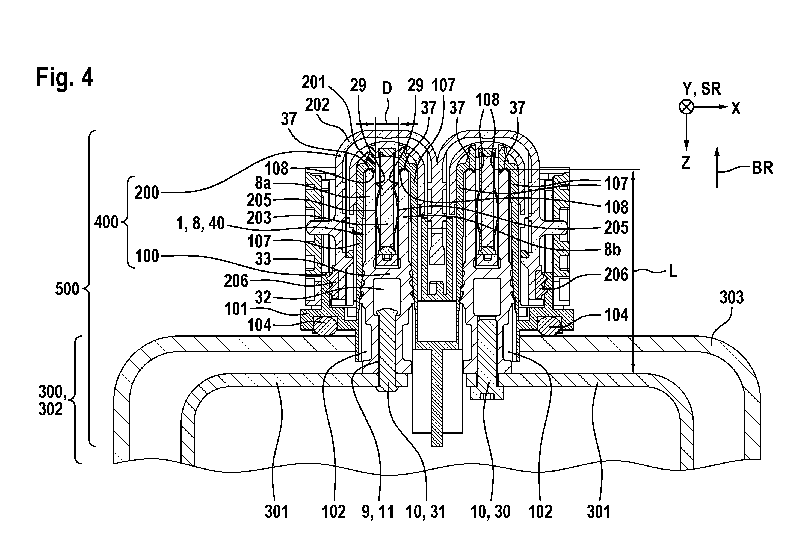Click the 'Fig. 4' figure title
point(64,78)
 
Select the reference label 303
point(732,297)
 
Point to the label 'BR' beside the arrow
point(763,168)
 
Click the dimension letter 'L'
point(673,272)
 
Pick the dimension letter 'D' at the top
point(387,89)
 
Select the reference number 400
point(106,222)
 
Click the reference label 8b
point(612,250)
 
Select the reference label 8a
point(263,183)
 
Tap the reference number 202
point(317,104)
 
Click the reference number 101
point(236,309)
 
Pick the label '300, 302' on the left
point(51,400)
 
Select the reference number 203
point(259,218)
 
